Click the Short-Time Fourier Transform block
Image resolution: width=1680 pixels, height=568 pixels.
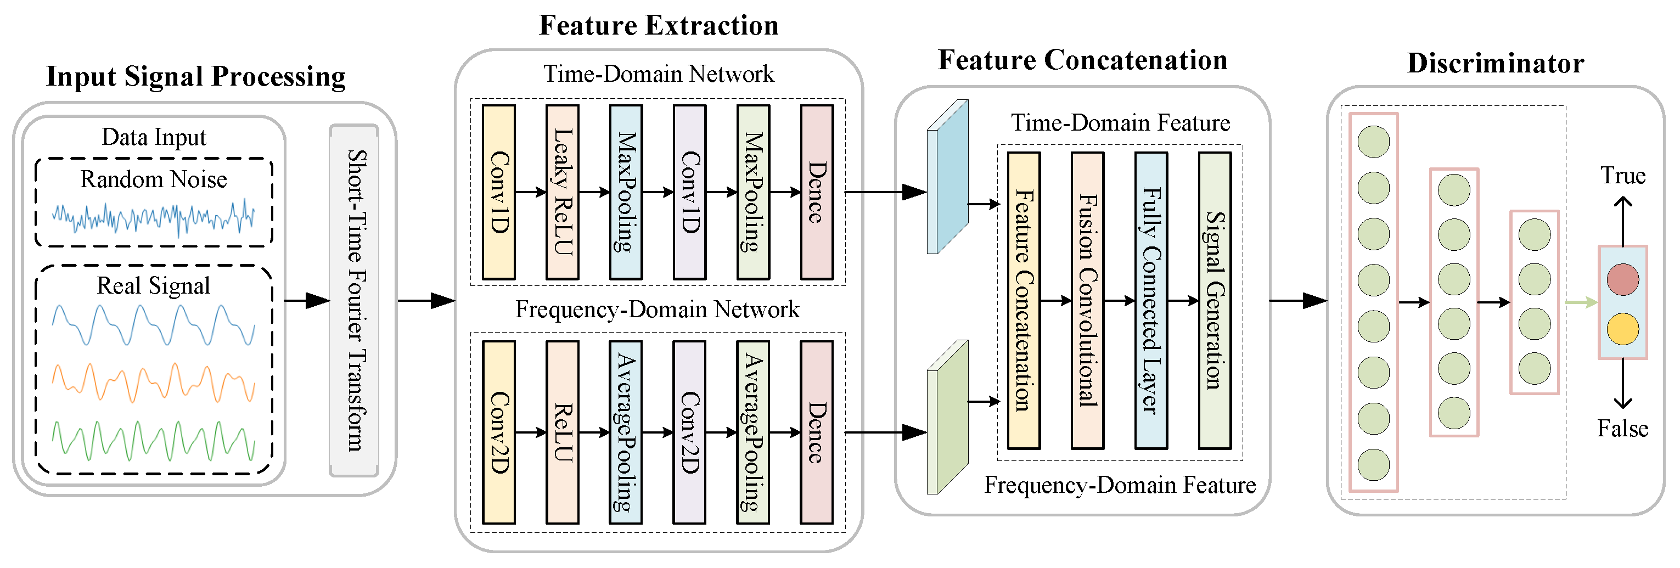[x=354, y=301]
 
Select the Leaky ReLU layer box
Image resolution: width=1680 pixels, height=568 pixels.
[x=562, y=193]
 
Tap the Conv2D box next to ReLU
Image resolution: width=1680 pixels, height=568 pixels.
[x=499, y=432]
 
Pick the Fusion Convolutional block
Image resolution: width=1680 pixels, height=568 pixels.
[x=1087, y=301]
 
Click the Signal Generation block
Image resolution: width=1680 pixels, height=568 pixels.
[x=1215, y=301]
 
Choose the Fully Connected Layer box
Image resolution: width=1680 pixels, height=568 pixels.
[x=1151, y=301]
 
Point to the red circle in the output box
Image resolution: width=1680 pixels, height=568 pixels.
[x=1622, y=279]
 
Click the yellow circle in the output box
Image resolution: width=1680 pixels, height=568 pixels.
[x=1622, y=329]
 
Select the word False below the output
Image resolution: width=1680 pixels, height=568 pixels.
[x=1622, y=429]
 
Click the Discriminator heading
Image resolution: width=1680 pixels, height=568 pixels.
[x=1496, y=63]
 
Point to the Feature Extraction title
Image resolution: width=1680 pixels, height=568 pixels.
[x=659, y=25]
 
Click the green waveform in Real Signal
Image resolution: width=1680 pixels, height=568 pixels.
[x=153, y=441]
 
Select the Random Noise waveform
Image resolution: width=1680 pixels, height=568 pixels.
[x=153, y=217]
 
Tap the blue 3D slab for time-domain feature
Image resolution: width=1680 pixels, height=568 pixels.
[x=948, y=177]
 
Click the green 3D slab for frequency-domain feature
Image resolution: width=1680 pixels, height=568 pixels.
[x=948, y=418]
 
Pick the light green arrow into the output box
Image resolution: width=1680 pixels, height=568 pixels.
[x=1581, y=302]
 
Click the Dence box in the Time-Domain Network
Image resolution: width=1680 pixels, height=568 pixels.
[x=817, y=193]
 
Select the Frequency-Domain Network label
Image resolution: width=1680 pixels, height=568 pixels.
[x=658, y=309]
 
